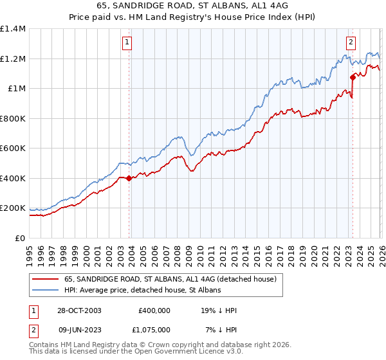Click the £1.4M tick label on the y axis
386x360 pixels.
pos(13,29)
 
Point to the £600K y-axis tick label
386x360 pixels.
pos(13,148)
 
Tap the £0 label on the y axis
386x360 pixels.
pos(20,239)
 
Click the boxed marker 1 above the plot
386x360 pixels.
pos(127,43)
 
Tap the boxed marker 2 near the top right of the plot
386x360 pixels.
pos(351,43)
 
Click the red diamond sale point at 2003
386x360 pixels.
pos(129,178)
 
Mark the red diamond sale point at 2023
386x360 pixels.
pos(353,77)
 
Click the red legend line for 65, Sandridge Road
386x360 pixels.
pos(45,279)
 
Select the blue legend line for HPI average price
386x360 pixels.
pos(45,290)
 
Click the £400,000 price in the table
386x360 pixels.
pos(154,310)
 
